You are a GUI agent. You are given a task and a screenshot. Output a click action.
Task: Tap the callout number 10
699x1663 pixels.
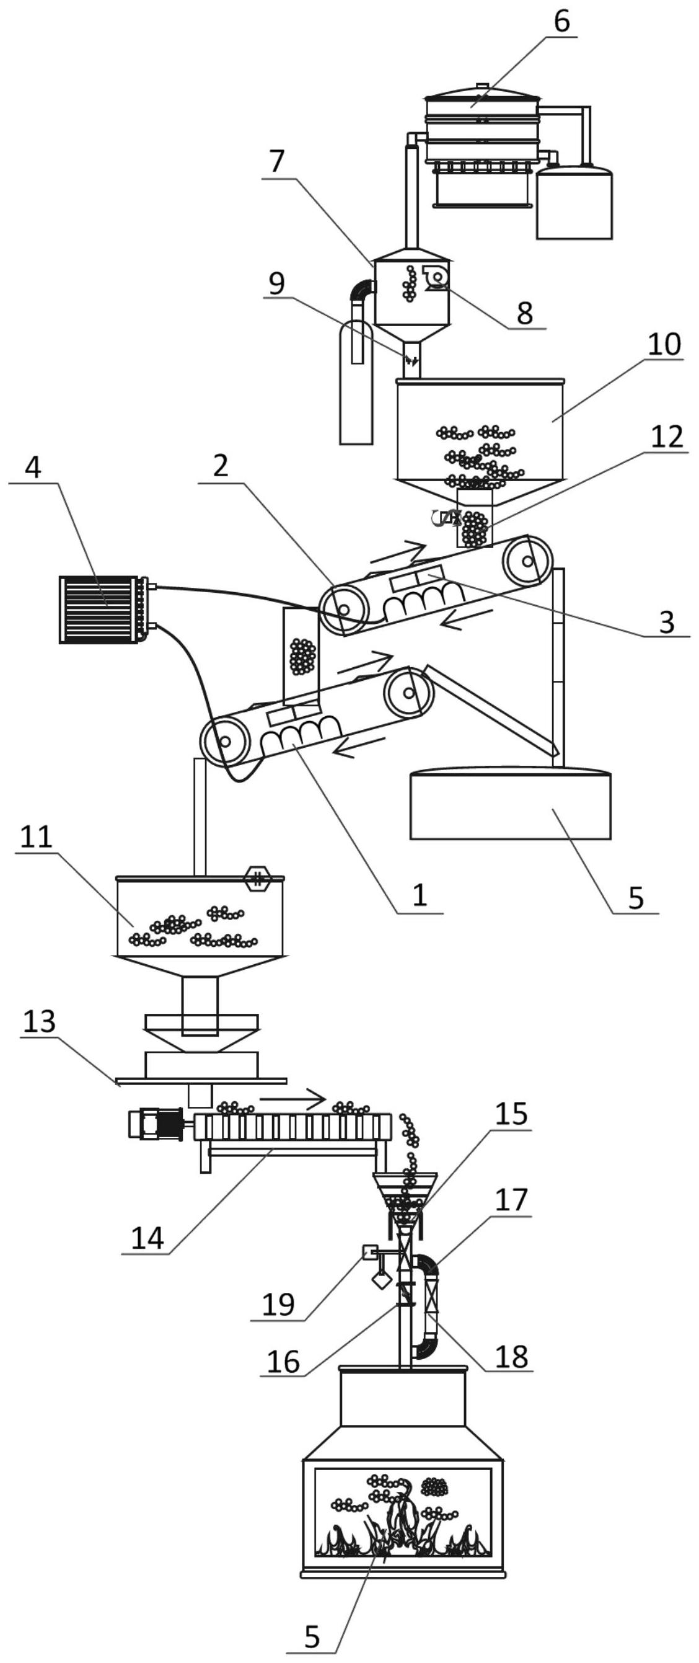coord(664,344)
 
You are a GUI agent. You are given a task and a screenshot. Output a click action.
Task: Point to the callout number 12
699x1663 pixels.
coord(667,437)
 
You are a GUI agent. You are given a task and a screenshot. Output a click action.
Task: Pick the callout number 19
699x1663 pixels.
coord(278,1304)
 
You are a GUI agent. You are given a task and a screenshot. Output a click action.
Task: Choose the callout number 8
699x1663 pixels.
coord(525,313)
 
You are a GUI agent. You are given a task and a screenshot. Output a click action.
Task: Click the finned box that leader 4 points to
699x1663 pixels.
coord(104,610)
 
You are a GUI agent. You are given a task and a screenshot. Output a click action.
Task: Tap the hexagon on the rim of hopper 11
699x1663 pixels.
coord(257,879)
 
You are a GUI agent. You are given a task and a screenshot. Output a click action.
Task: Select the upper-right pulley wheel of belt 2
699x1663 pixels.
coord(528,561)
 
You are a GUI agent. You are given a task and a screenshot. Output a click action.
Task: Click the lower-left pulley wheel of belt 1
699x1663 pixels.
coord(224,741)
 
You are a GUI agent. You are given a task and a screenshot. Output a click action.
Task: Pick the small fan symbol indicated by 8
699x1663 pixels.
coord(436,277)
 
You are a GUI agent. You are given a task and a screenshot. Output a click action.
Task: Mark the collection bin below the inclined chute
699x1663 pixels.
coord(511,803)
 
